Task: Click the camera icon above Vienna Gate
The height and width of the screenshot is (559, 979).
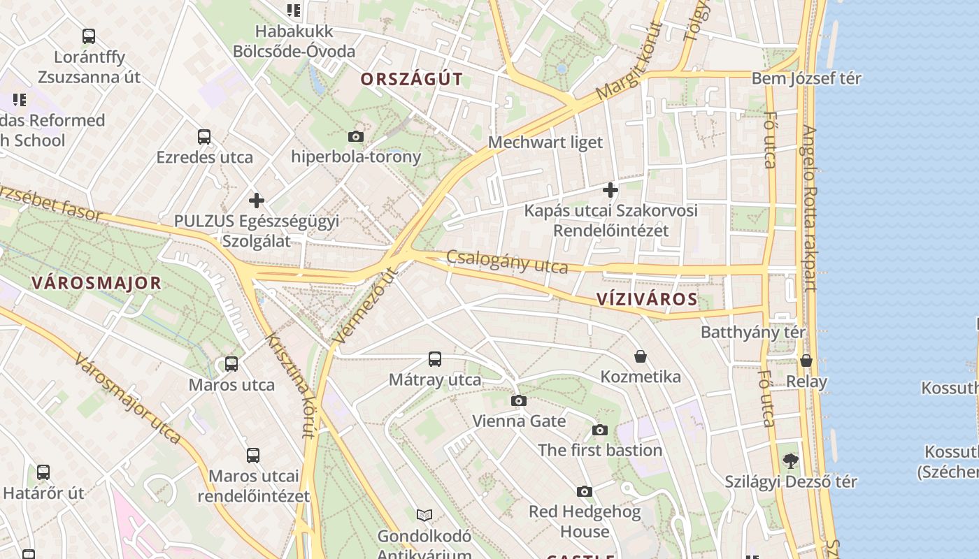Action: [518, 400]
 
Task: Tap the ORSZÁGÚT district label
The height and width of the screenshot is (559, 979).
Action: [411, 80]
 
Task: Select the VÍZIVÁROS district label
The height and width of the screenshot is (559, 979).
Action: [647, 300]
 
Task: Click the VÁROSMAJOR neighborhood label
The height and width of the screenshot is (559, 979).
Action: [97, 283]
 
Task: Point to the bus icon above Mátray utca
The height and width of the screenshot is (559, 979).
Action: [435, 359]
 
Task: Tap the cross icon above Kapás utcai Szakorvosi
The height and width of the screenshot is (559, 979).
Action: [610, 189]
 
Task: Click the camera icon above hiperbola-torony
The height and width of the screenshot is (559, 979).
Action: [356, 136]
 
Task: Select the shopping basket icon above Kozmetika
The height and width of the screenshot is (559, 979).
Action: [640, 356]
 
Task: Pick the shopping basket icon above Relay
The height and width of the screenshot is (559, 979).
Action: [806, 361]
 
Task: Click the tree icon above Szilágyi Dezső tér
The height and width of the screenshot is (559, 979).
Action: [790, 460]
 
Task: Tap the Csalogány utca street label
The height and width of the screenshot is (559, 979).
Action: [507, 262]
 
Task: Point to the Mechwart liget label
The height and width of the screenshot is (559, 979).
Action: [545, 143]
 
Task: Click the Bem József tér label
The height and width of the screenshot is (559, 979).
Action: [806, 78]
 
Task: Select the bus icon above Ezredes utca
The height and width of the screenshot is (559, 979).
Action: [204, 136]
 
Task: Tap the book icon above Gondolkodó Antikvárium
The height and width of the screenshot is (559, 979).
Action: [424, 515]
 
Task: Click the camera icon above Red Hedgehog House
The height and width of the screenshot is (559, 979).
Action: [585, 491]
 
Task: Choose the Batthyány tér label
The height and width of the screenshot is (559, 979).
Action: [752, 332]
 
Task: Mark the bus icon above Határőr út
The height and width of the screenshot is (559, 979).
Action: [43, 472]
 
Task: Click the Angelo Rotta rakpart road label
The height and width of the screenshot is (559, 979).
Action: [810, 208]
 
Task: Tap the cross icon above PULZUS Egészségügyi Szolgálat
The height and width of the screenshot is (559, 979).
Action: [257, 201]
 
